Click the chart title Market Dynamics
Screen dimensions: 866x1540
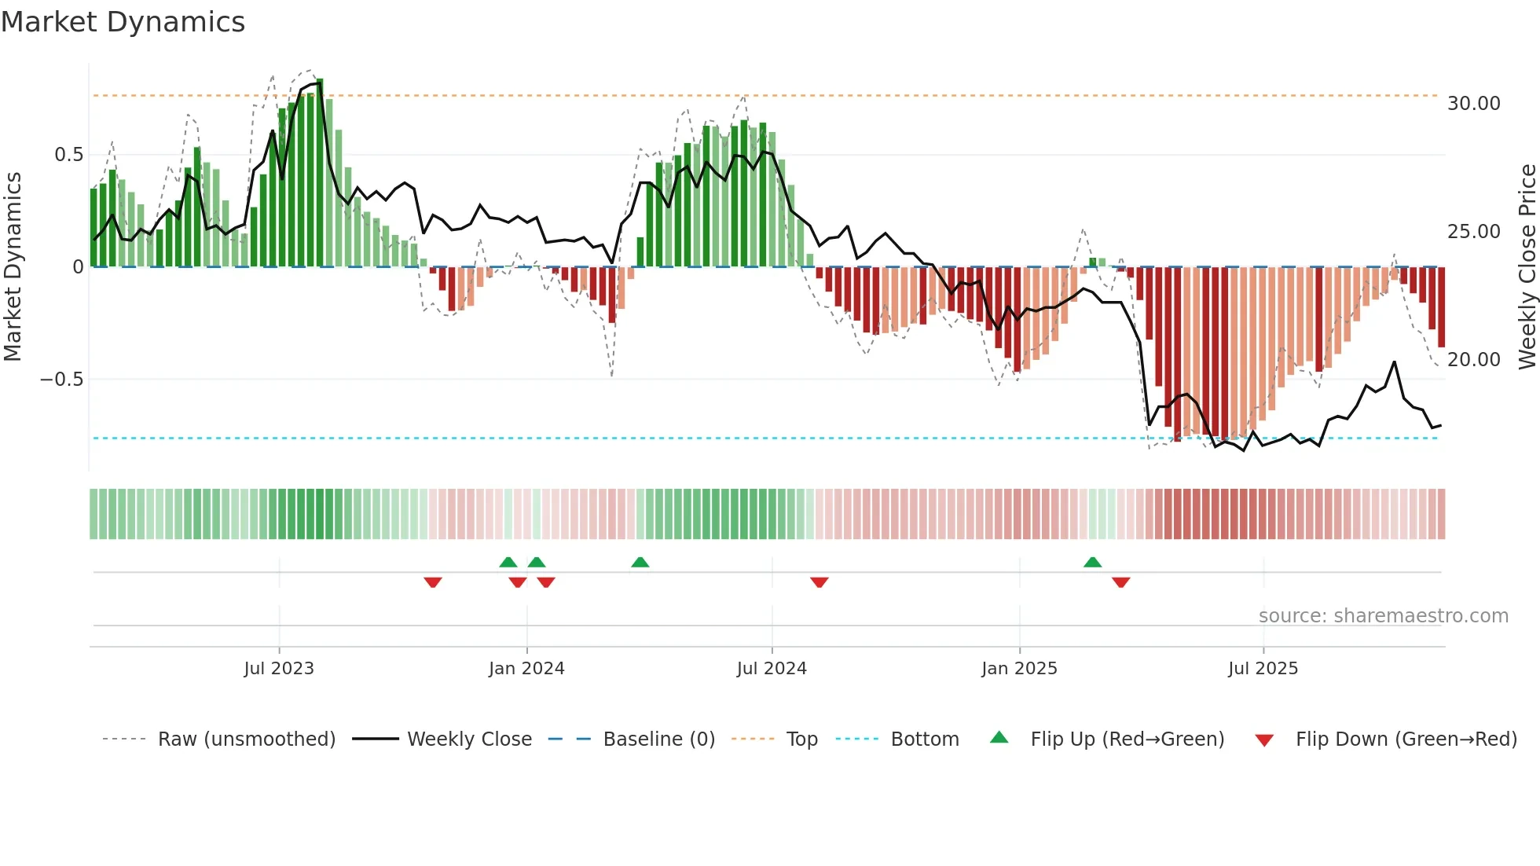tap(123, 22)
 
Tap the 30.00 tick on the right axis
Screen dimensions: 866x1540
tap(1473, 104)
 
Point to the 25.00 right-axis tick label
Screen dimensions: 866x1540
tap(1473, 232)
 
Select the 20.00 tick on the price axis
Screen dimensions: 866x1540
tap(1473, 360)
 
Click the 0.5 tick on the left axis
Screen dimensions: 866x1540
tap(68, 155)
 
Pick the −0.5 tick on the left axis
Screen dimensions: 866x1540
tap(61, 380)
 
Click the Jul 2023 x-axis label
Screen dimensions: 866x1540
tap(279, 669)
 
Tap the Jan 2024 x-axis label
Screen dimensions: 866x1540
tap(526, 669)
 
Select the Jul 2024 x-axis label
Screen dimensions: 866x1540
tap(772, 669)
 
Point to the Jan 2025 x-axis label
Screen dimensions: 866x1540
tap(1019, 669)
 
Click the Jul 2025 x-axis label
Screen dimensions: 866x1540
tap(1263, 669)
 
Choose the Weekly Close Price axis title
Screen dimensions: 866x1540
tap(1527, 266)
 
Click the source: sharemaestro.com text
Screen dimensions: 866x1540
tap(1383, 616)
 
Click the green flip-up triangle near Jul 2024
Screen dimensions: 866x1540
tap(640, 563)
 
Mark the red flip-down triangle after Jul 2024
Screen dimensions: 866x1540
tap(819, 582)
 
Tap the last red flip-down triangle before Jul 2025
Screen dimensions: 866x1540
tap(1121, 582)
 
